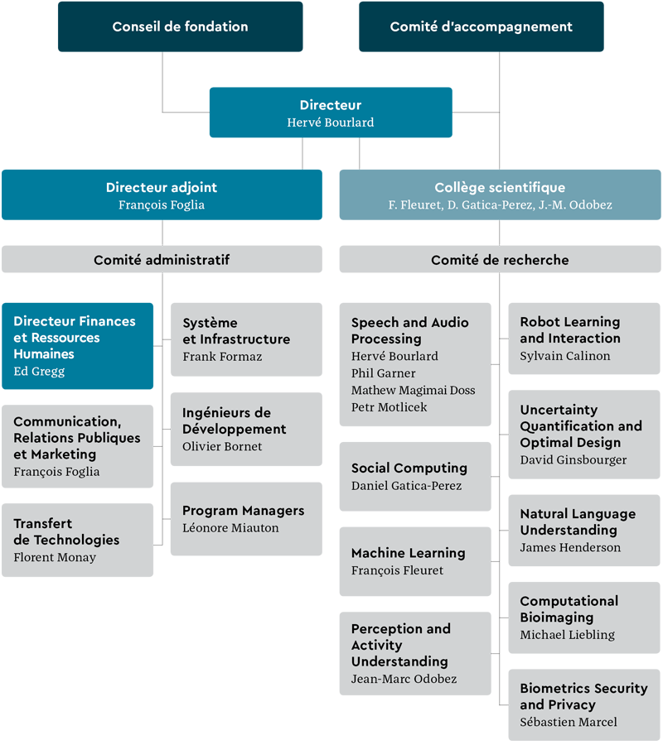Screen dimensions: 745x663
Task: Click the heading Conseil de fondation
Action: click(x=180, y=26)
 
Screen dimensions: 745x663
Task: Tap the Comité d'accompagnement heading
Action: click(x=481, y=26)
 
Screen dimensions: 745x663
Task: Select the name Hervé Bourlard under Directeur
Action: click(x=330, y=123)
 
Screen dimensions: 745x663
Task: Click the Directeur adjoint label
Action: click(x=162, y=187)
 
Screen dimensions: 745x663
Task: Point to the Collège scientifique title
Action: click(x=500, y=187)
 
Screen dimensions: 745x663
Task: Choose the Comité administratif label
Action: click(x=162, y=260)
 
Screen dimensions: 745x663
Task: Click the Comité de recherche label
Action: click(x=500, y=260)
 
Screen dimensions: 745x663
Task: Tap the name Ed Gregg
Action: click(x=39, y=371)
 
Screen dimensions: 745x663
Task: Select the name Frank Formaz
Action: click(x=222, y=356)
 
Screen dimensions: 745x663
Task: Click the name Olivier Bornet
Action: click(x=222, y=446)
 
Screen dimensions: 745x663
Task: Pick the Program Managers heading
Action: click(x=243, y=511)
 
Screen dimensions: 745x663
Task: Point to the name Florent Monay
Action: click(x=55, y=557)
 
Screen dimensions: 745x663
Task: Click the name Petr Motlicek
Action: click(x=390, y=406)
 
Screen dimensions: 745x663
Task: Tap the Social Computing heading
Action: click(x=409, y=469)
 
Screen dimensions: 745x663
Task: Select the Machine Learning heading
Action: click(x=409, y=553)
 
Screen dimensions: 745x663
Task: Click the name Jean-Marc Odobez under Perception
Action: click(x=404, y=679)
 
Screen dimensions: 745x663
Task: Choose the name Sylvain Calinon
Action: click(x=565, y=356)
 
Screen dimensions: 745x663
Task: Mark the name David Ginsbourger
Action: click(x=573, y=459)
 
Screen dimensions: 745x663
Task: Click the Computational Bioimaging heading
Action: click(x=569, y=609)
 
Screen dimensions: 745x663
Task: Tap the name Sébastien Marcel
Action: click(x=569, y=722)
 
